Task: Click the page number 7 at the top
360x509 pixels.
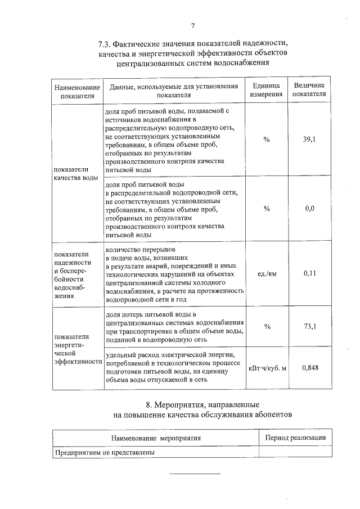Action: point(193,25)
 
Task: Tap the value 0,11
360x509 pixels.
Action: point(308,273)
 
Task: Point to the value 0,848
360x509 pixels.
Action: point(308,368)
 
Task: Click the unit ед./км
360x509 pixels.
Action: point(267,274)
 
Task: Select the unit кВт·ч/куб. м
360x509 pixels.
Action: point(267,369)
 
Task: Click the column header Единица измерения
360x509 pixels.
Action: point(267,90)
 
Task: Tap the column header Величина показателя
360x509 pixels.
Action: point(308,90)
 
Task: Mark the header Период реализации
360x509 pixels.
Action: point(295,437)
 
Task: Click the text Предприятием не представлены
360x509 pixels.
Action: point(105,452)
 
